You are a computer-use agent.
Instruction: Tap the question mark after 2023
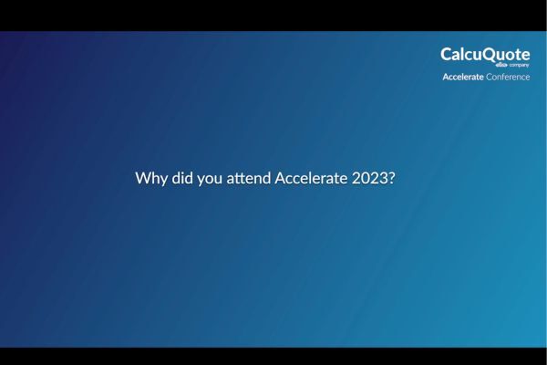391,178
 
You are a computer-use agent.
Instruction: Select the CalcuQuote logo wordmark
485,55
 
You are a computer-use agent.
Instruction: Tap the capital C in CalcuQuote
447,55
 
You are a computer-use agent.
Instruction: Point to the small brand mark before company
501,66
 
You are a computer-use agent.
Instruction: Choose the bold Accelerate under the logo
463,77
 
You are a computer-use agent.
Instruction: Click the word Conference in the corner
508,77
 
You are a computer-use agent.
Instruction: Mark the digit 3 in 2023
383,178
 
